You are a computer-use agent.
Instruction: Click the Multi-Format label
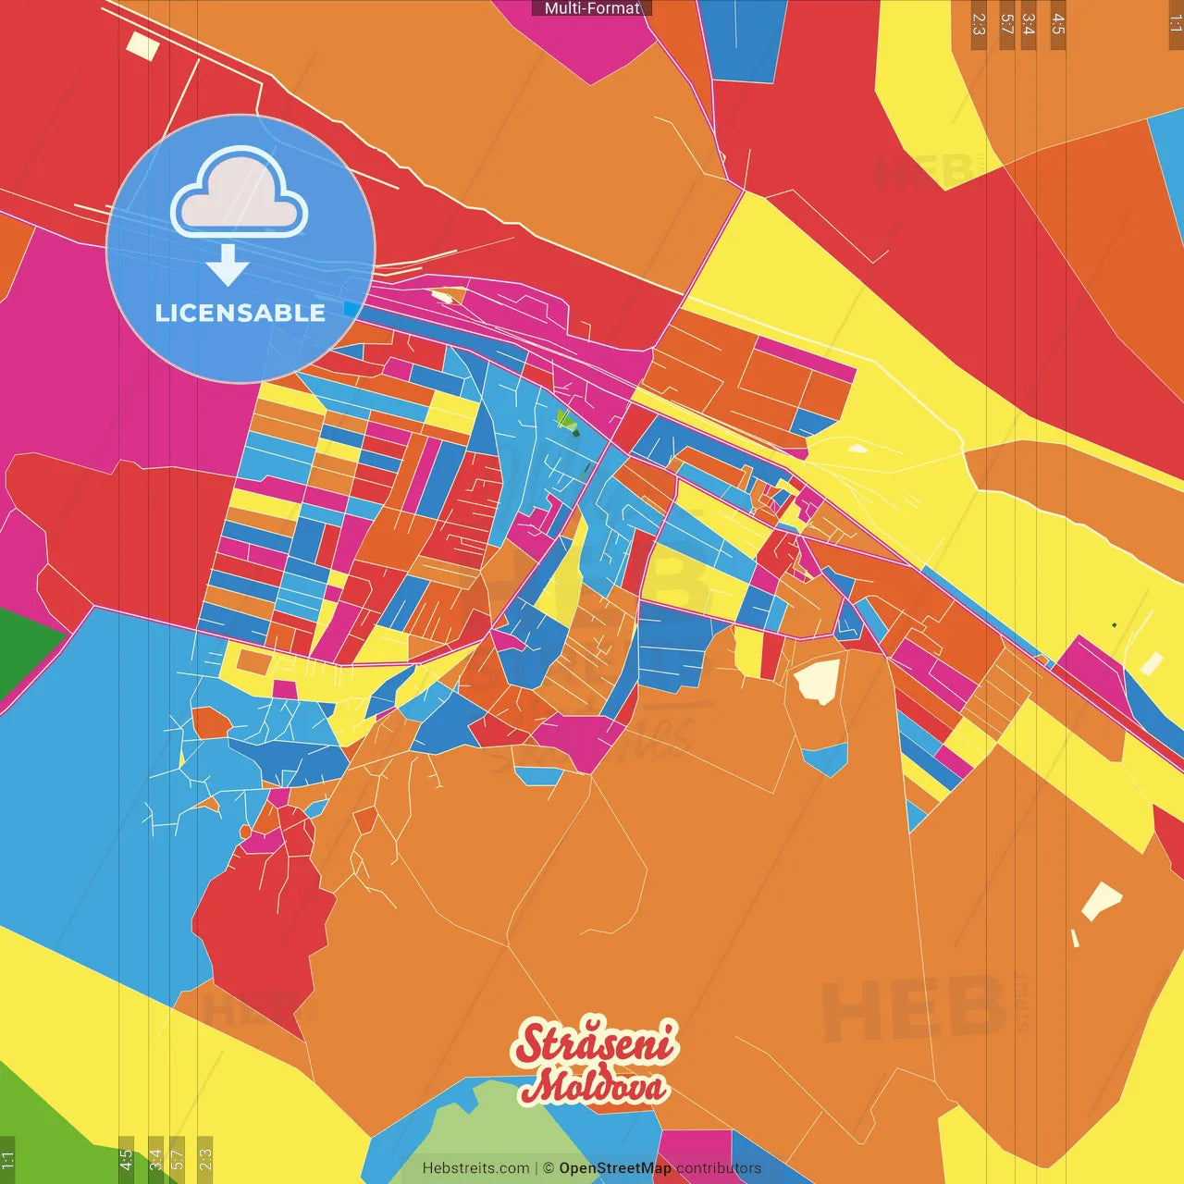point(592,8)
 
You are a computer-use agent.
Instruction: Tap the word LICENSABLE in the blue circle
point(240,313)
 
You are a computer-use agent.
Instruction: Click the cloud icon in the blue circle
point(239,193)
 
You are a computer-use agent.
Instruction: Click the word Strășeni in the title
point(596,1042)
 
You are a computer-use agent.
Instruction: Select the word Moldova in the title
point(594,1086)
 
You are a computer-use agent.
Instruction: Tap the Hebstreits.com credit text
point(475,1168)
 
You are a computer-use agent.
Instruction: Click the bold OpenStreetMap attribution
point(615,1168)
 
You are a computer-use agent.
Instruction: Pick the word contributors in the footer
point(719,1168)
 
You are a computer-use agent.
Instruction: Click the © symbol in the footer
point(549,1168)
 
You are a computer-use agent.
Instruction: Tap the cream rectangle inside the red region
point(142,45)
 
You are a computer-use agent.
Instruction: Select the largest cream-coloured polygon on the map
point(818,681)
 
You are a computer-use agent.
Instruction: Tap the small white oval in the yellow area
point(857,449)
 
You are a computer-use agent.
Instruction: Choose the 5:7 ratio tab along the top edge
point(1006,24)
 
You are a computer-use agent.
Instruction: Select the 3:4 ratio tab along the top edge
point(1028,24)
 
